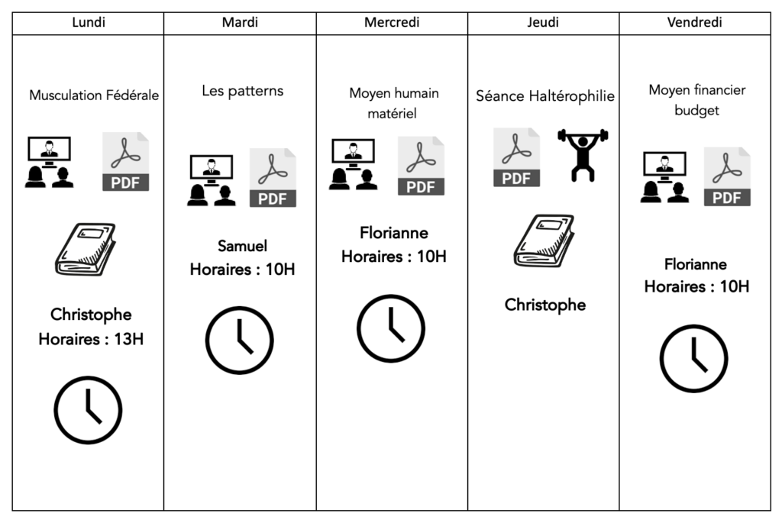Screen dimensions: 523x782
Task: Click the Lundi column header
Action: click(x=88, y=23)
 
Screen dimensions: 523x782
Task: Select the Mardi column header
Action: click(x=240, y=23)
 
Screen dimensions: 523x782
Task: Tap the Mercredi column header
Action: click(x=392, y=23)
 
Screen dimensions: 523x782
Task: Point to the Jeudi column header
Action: click(x=543, y=23)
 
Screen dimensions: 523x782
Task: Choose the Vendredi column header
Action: click(x=694, y=23)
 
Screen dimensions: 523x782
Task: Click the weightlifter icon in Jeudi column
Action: click(x=583, y=155)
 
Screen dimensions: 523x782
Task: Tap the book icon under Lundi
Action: click(x=86, y=249)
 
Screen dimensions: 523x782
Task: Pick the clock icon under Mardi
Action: click(x=240, y=341)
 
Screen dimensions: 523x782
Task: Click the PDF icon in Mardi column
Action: click(x=273, y=178)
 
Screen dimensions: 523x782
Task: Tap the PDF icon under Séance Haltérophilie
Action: click(x=516, y=157)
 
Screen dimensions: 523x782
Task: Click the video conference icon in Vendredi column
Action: click(x=664, y=178)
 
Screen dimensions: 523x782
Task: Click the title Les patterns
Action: click(x=242, y=91)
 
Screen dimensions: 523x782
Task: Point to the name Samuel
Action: click(x=242, y=246)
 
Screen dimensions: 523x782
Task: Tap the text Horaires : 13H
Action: click(x=91, y=338)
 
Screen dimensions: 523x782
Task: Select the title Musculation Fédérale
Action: click(x=94, y=96)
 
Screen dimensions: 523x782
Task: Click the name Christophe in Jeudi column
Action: click(x=545, y=305)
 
